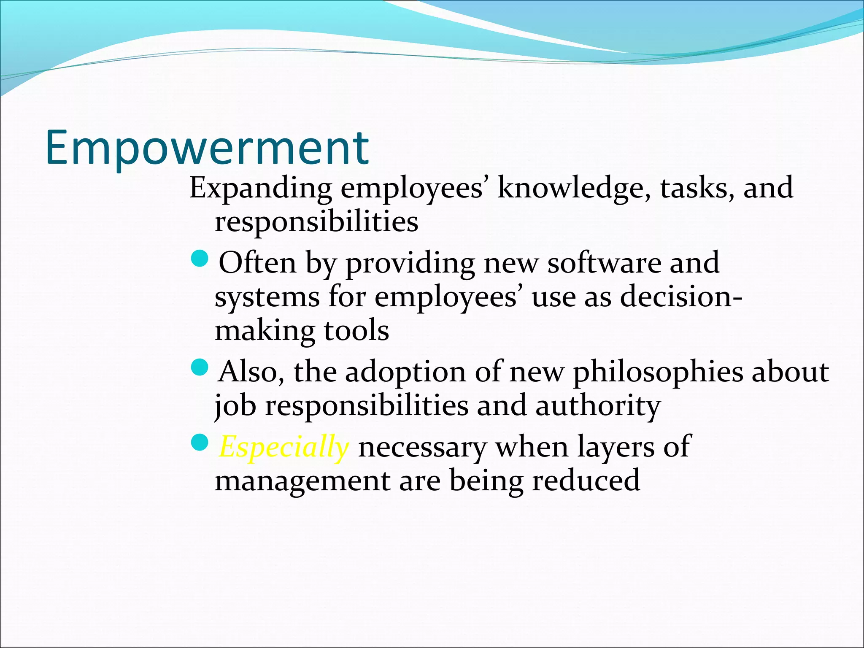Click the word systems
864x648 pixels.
coord(267,297)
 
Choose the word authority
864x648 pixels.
coord(598,406)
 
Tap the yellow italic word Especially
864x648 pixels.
coord(283,447)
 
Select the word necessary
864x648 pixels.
coord(422,447)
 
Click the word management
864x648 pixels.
coord(302,481)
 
